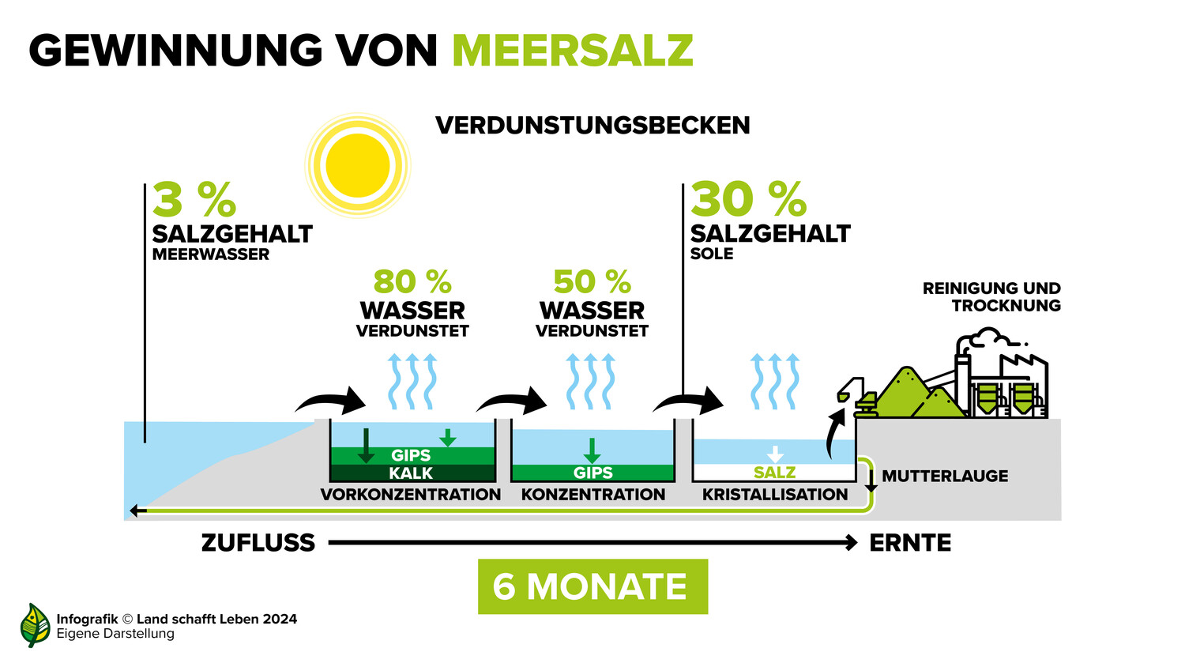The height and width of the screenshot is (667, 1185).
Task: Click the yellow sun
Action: tap(358, 165)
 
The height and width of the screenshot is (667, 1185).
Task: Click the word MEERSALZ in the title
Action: tap(573, 51)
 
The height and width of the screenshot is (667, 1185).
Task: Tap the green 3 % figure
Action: tap(194, 199)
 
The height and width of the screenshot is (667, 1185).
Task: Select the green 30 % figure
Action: tap(748, 199)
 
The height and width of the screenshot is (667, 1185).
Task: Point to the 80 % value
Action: tap(412, 281)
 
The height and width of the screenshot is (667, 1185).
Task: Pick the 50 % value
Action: tap(592, 281)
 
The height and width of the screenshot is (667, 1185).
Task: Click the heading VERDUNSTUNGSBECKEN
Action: tap(592, 126)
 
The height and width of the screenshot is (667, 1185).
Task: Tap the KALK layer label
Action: tap(411, 473)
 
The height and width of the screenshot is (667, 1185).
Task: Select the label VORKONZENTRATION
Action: tap(411, 495)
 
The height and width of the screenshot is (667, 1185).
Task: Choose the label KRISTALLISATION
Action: tap(775, 495)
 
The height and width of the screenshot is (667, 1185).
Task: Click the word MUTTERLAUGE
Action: tap(945, 476)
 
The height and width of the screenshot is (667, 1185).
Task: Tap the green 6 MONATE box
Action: tap(592, 586)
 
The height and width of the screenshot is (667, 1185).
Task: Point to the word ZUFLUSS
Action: tap(258, 543)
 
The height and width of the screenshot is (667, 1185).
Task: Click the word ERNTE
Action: tap(910, 543)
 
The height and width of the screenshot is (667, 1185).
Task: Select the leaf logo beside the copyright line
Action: tap(35, 625)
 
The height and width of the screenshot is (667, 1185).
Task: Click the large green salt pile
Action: tap(905, 392)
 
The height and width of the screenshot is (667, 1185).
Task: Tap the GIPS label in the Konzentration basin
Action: tap(592, 472)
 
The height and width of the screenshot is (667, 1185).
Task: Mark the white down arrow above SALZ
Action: tap(775, 454)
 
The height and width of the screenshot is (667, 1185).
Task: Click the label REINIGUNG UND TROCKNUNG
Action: tap(992, 297)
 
